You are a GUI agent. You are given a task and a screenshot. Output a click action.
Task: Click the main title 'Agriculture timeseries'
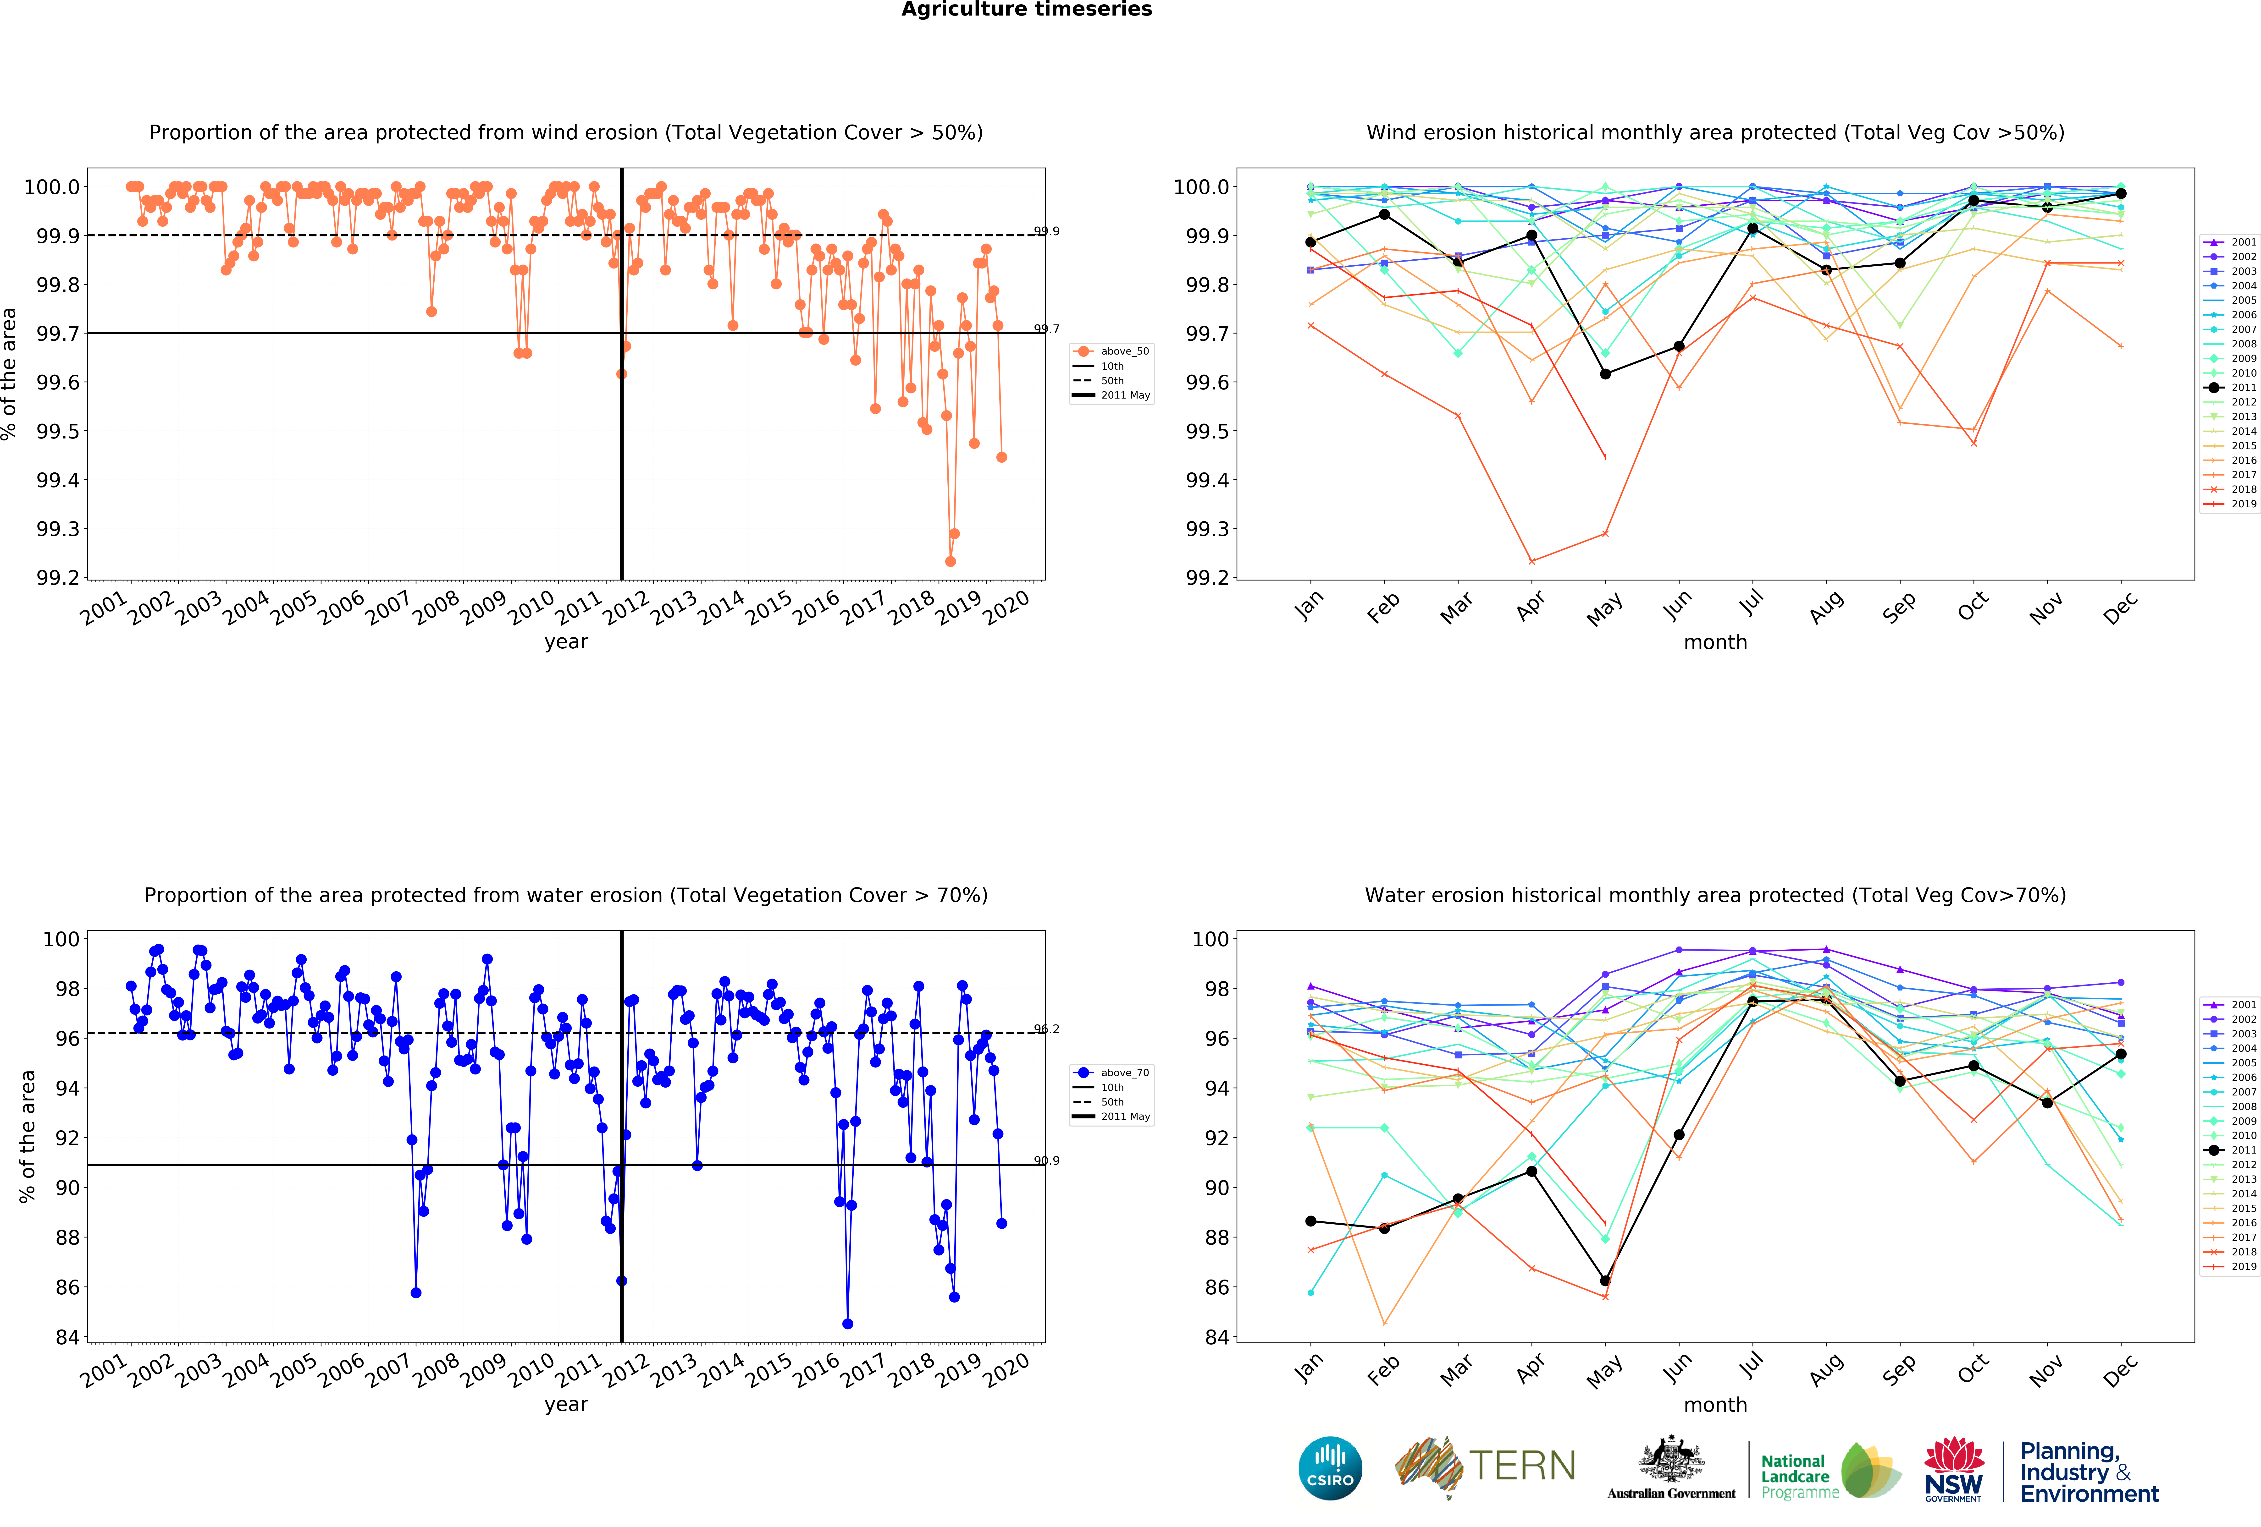click(1026, 10)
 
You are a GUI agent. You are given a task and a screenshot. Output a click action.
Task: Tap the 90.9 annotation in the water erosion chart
click(1047, 1160)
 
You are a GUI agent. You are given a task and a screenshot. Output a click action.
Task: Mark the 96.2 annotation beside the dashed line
click(1047, 1029)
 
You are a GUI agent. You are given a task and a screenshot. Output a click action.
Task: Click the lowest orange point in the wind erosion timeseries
click(951, 561)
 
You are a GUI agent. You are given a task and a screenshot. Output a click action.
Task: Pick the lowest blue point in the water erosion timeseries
click(847, 1324)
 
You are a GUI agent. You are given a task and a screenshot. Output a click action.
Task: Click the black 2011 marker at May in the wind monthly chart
click(1605, 373)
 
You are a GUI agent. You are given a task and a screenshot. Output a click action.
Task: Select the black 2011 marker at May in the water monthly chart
click(1605, 1281)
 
